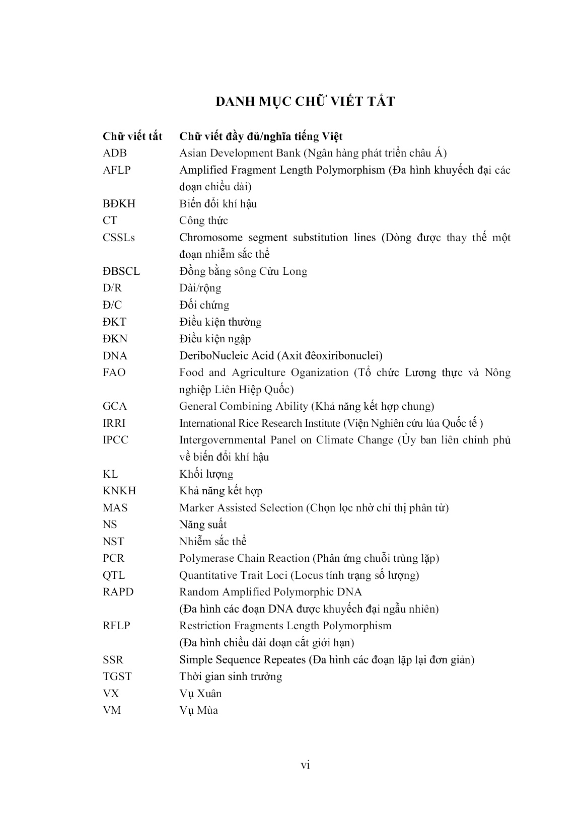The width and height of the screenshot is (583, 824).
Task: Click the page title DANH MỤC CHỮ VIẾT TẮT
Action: coord(305,101)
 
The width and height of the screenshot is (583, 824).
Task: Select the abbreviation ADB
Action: coord(115,153)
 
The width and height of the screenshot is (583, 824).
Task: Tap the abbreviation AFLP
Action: coord(117,170)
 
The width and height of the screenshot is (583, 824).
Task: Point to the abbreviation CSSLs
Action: coord(119,238)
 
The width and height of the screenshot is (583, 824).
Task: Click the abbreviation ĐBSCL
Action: coord(121,271)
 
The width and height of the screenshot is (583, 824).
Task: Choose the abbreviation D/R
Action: coord(112,288)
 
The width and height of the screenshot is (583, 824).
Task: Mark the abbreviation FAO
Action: coord(114,372)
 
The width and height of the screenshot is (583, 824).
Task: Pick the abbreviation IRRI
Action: coord(114,423)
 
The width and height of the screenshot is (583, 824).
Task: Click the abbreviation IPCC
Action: coord(116,440)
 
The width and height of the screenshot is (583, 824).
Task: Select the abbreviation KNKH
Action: coord(119,491)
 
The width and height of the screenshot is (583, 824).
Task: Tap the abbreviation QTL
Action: coord(114,575)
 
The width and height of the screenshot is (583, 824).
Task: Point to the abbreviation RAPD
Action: coord(118,592)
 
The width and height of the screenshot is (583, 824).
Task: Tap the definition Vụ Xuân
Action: coord(200,694)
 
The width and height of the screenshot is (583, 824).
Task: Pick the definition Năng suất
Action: coord(203,525)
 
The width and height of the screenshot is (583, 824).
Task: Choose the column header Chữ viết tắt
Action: coord(132,136)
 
